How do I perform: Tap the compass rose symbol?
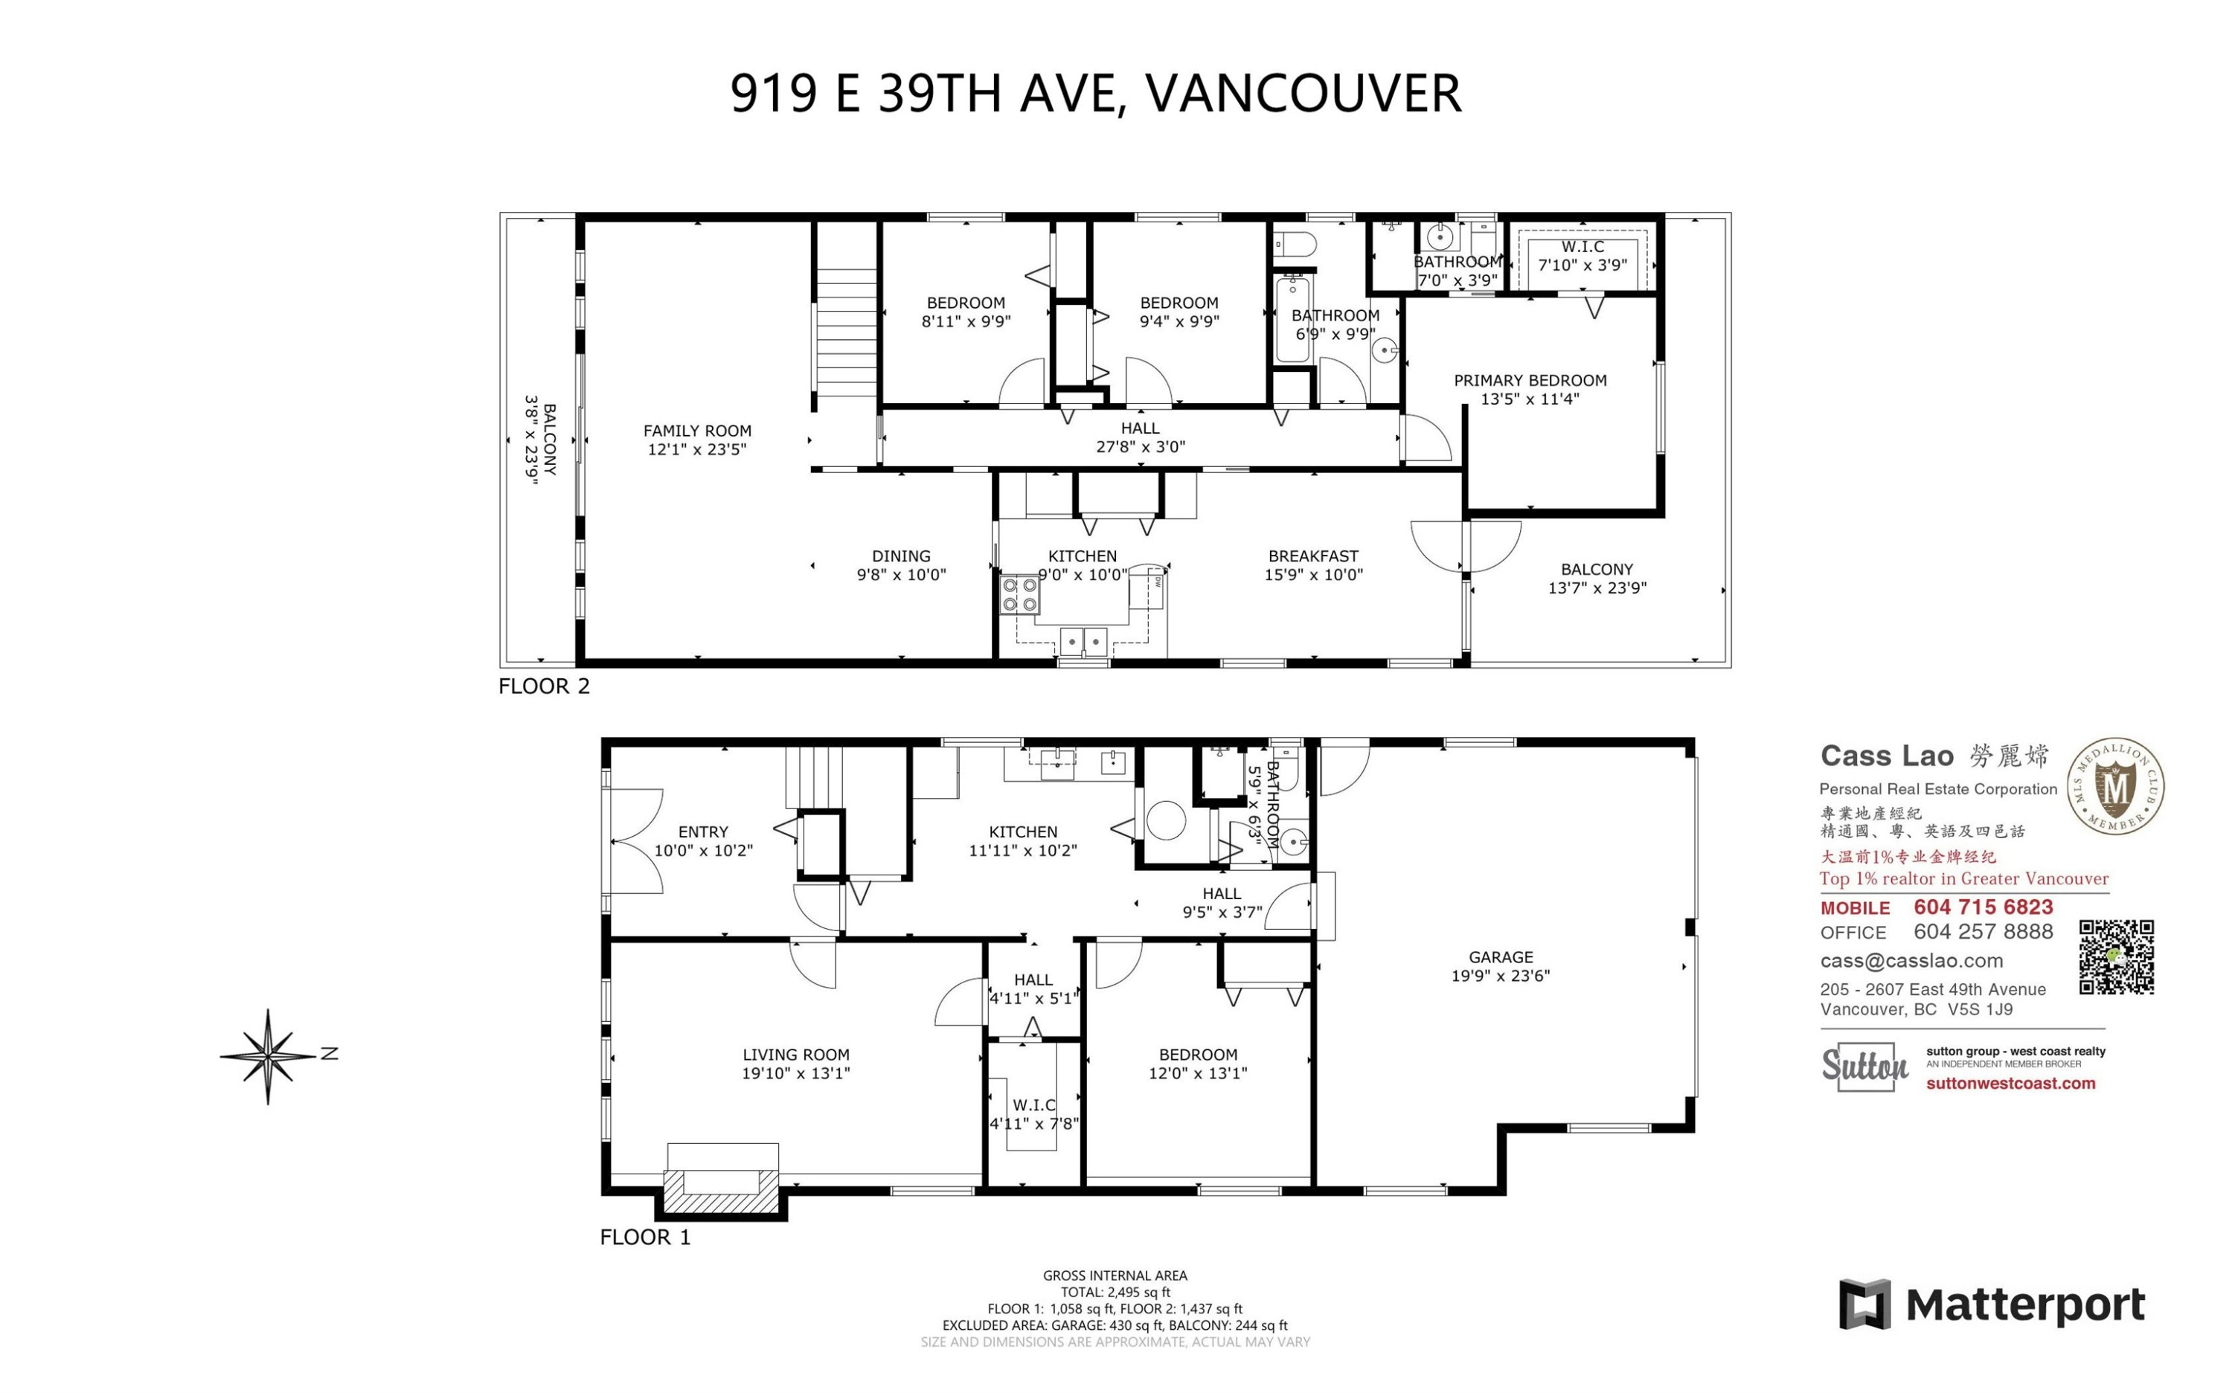(x=268, y=1056)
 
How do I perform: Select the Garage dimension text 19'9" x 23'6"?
(x=1501, y=976)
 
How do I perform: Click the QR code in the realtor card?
(x=2116, y=956)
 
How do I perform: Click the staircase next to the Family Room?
(x=846, y=332)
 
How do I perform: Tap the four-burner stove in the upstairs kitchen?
(x=1020, y=595)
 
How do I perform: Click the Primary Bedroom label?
(x=1530, y=381)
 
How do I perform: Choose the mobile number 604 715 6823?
(x=1984, y=907)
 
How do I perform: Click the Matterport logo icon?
(x=1864, y=1304)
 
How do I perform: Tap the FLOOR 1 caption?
(x=644, y=1238)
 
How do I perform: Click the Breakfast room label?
(x=1313, y=556)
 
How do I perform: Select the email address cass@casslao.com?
(x=1911, y=961)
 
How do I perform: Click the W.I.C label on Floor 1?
(x=1034, y=1104)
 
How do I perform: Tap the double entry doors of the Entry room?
(x=636, y=840)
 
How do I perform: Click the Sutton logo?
(x=1864, y=1067)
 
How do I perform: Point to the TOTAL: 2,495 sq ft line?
(x=1115, y=1292)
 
